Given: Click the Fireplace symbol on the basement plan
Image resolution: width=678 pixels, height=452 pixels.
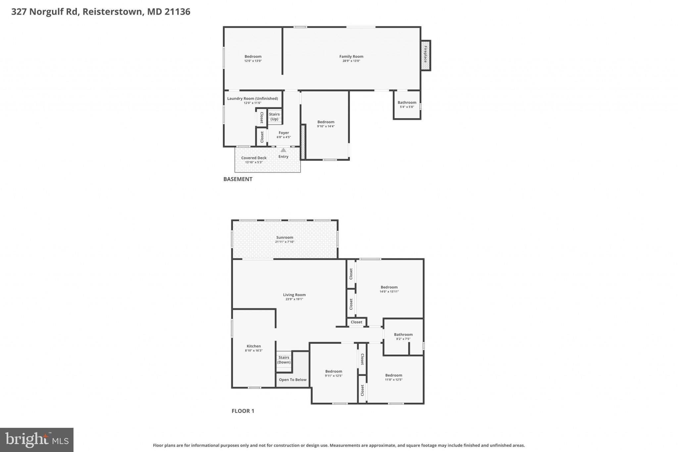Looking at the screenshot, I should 425,55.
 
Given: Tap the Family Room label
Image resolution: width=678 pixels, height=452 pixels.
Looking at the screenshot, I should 351,57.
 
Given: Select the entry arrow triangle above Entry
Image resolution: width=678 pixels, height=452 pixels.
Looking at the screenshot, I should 283,150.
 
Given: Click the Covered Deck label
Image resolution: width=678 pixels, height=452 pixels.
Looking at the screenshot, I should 254,158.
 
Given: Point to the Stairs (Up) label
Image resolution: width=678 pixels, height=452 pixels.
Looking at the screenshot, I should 274,117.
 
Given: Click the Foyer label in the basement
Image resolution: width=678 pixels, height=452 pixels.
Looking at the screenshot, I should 284,133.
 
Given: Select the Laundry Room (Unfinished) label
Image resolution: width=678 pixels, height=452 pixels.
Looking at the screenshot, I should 252,98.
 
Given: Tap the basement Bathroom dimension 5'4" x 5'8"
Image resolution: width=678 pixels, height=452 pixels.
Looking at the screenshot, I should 407,107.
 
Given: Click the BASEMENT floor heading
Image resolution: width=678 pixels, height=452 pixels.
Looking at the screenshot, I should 238,179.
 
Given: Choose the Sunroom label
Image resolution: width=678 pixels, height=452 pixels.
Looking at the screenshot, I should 285,237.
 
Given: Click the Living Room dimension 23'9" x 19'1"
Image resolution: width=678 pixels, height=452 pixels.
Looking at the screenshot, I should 294,299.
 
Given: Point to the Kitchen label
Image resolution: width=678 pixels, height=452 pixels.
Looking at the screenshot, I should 254,346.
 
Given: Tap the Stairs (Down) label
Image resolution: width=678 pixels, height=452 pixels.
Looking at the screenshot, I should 284,360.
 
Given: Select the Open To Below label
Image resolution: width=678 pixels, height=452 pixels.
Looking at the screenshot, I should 293,380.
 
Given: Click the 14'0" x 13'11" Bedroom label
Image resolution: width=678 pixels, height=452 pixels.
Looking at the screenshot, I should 389,287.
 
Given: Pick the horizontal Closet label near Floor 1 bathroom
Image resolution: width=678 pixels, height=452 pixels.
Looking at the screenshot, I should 357,322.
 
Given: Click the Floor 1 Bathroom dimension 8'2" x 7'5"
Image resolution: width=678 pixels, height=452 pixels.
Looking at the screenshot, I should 403,339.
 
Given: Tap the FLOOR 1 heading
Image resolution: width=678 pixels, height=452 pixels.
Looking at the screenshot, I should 243,411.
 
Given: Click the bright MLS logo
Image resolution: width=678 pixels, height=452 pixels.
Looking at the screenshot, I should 37,440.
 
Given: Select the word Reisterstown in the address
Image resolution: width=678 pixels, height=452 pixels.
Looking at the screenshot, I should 113,12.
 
